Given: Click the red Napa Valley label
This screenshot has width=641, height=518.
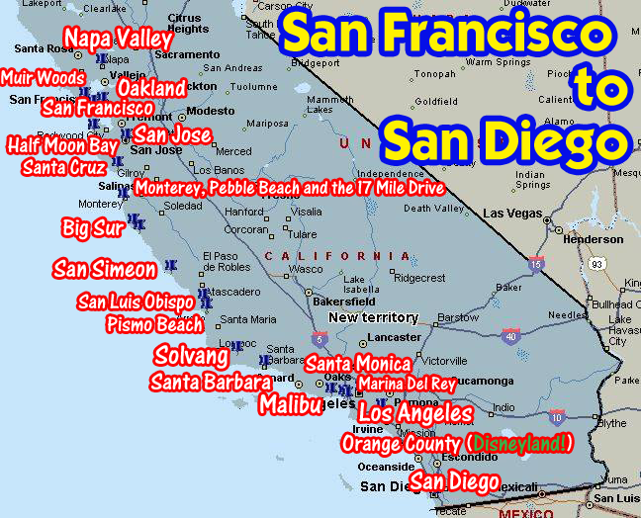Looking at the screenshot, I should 119,39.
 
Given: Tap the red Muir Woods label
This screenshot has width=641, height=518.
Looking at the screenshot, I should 43,77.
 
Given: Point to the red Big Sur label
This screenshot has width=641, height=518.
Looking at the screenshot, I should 93,227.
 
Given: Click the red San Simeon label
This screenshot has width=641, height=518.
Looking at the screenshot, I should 105,269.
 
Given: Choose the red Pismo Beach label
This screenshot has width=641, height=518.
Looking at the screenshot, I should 154,323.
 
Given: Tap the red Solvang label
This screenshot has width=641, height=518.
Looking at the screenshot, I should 191,356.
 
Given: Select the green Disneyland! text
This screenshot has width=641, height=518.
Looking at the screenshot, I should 520,443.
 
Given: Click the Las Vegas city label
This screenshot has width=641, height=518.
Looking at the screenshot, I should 512,214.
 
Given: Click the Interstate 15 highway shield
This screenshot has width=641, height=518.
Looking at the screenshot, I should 536,264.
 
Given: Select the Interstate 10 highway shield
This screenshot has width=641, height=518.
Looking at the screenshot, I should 557,417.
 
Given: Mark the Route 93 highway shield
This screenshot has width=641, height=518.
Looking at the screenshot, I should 596,264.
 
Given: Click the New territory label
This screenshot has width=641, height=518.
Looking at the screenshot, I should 372,317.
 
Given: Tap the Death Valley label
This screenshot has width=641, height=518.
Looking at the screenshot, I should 433,209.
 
